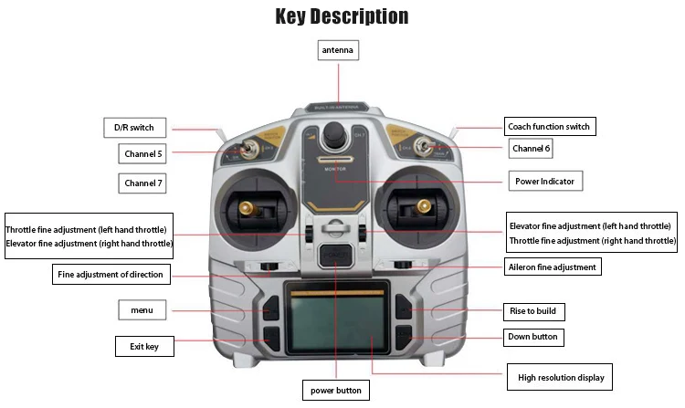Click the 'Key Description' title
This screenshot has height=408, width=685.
[342, 16]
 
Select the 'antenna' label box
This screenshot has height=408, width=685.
[337, 50]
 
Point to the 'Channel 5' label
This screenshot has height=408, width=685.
[142, 154]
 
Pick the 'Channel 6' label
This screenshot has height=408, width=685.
[531, 148]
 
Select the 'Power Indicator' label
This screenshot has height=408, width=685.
[545, 181]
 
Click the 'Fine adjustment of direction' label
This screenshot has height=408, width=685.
[111, 274]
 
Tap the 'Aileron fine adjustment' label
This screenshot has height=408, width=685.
[552, 267]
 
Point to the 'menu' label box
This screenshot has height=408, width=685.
[142, 310]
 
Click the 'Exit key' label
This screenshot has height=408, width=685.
[143, 346]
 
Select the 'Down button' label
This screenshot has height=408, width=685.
[532, 337]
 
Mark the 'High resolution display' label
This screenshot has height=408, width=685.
[560, 376]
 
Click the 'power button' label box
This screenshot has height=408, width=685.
[336, 391]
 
